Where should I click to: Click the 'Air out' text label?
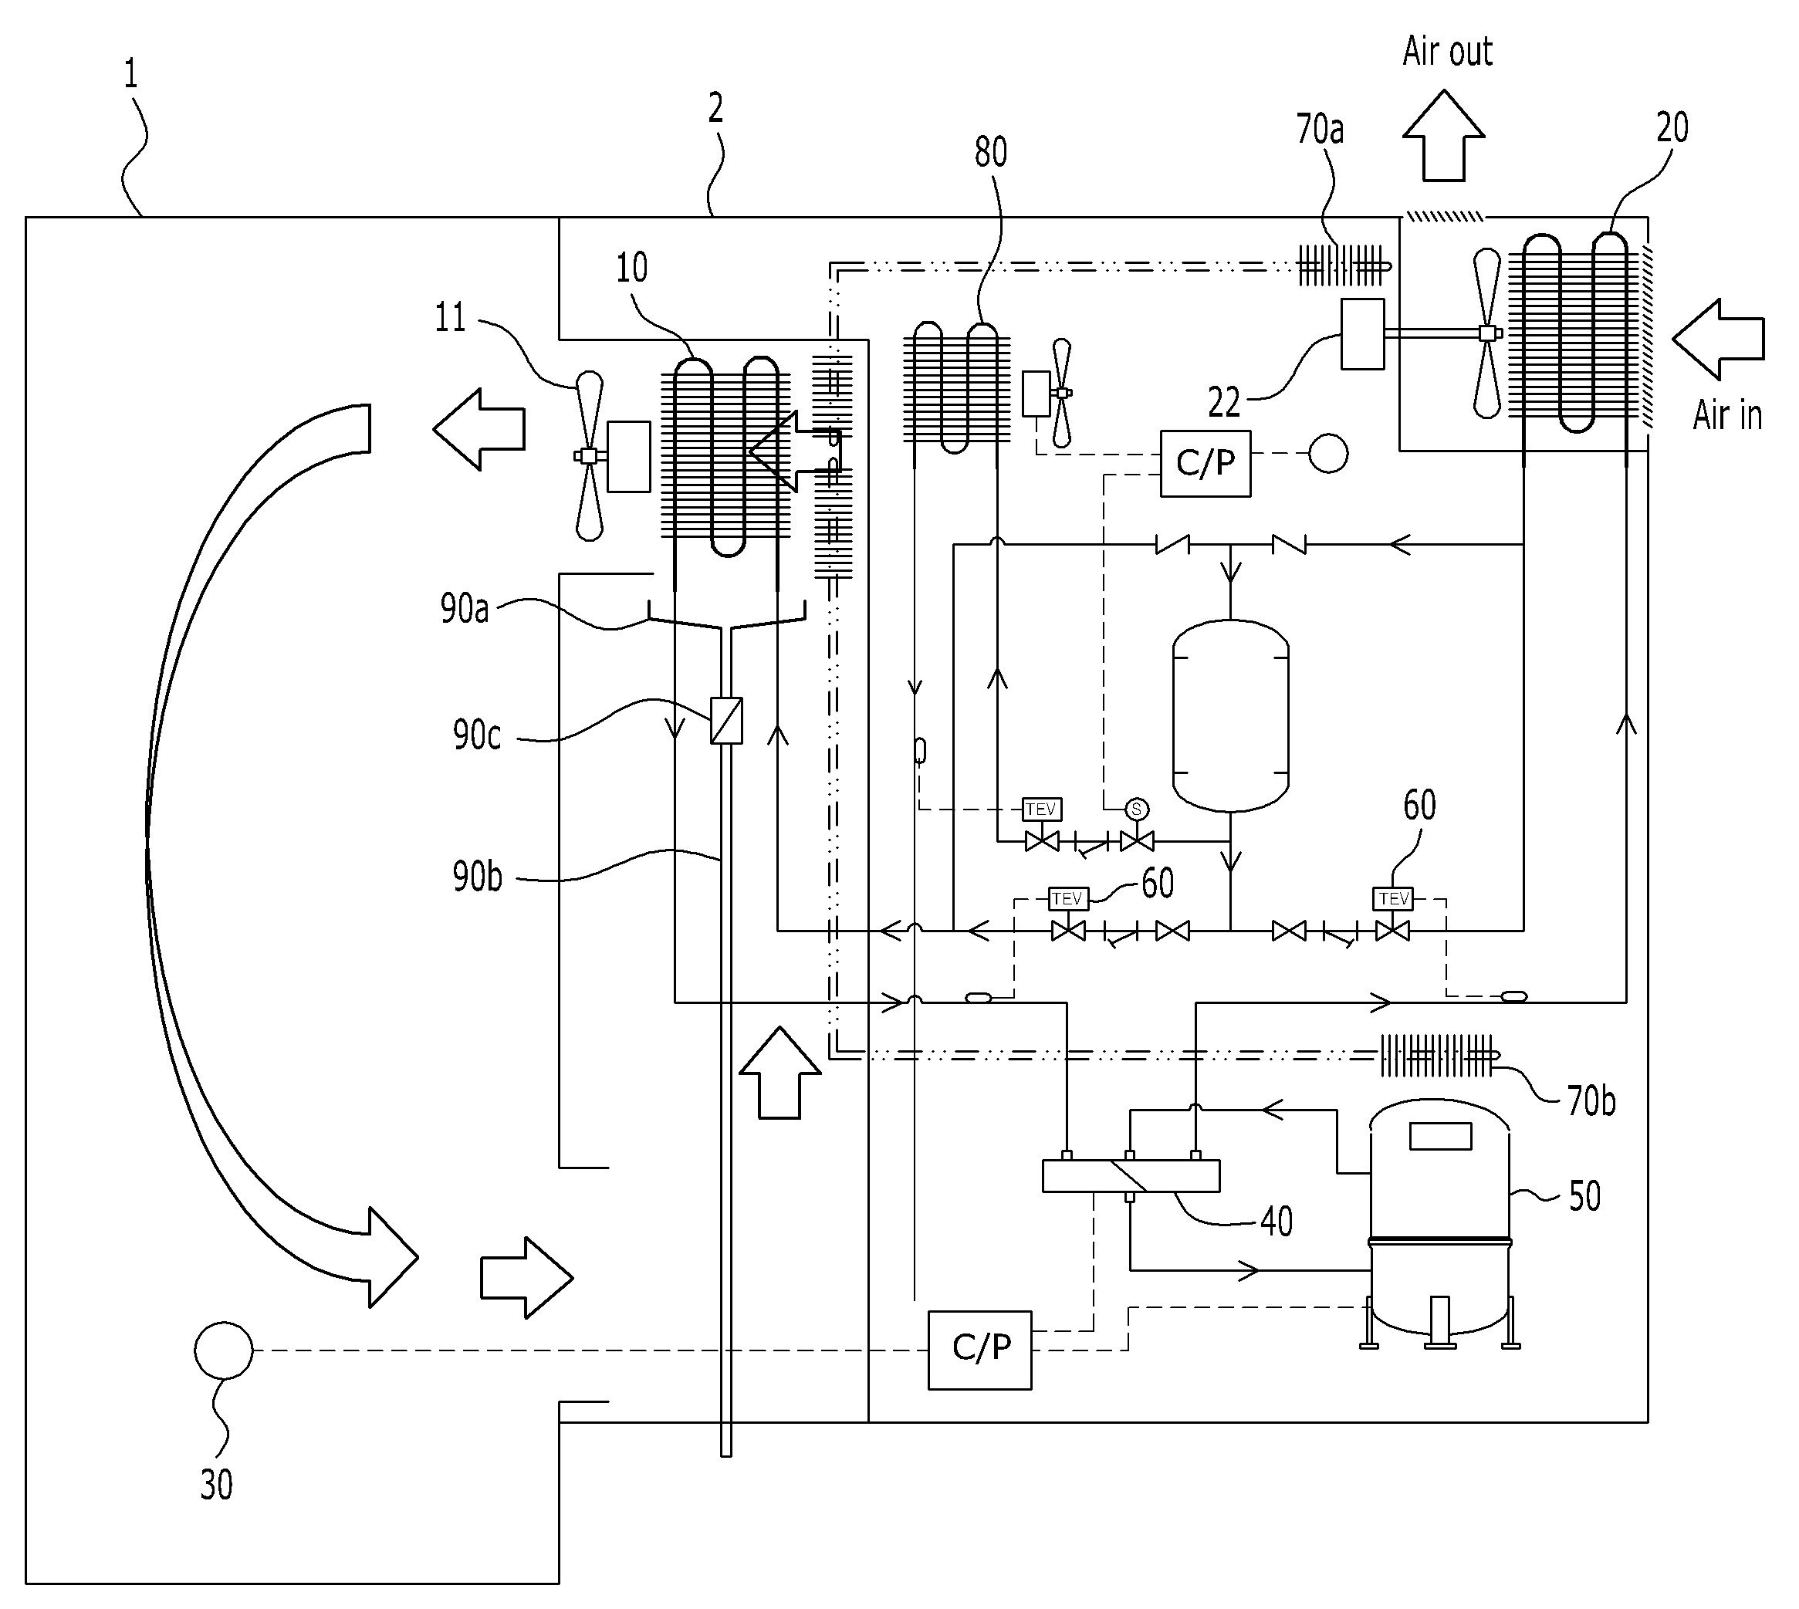1447,51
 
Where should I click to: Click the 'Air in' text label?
1727,414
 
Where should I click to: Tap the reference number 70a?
1319,129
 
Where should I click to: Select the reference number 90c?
476,735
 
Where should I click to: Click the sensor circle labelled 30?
224,1350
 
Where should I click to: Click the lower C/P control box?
979,1350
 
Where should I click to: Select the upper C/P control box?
1205,463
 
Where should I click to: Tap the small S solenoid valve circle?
1137,809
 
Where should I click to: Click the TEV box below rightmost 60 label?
1393,899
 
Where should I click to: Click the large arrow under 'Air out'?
1444,135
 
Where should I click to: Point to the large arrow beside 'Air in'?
1719,340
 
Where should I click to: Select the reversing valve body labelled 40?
1131,1177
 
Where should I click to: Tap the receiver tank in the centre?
1230,715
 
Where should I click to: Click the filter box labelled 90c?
727,721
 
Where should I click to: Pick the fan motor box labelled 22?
1362,333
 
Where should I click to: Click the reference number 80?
991,152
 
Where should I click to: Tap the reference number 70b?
1591,1101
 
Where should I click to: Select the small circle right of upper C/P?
1327,454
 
